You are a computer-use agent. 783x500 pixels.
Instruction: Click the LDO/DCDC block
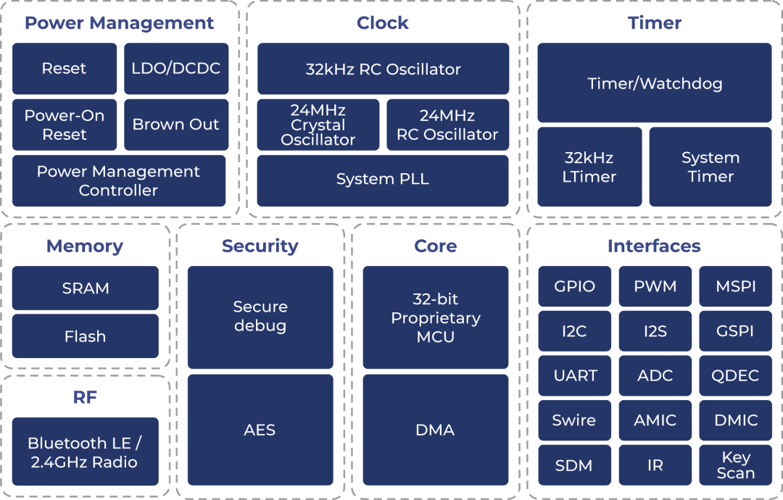[176, 69]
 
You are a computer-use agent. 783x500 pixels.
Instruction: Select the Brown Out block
[176, 124]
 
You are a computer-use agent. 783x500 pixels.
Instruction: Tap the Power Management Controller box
[119, 180]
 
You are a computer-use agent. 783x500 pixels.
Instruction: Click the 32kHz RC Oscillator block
[383, 69]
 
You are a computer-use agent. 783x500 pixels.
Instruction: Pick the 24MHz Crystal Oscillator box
[318, 125]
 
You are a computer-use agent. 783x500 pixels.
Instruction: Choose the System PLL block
[383, 179]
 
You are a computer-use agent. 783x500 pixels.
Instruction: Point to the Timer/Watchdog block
[655, 83]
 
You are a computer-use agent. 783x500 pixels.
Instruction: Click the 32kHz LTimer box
[589, 167]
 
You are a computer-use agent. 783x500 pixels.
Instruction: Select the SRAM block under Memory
[86, 288]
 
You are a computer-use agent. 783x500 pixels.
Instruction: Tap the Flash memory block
[86, 336]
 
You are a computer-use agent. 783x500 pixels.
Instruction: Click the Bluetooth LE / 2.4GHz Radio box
[85, 452]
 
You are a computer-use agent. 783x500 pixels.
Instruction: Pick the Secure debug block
[260, 317]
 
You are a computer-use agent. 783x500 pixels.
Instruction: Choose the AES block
[260, 430]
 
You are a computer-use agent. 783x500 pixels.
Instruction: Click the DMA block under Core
[435, 430]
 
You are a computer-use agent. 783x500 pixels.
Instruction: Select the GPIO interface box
[574, 286]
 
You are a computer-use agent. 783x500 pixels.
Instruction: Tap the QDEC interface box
[735, 375]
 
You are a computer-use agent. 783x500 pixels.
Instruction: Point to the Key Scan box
[735, 465]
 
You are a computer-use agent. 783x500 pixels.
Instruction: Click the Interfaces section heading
[654, 246]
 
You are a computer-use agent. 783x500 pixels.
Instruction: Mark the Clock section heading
[383, 23]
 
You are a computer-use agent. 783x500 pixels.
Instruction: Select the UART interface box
[574, 375]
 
